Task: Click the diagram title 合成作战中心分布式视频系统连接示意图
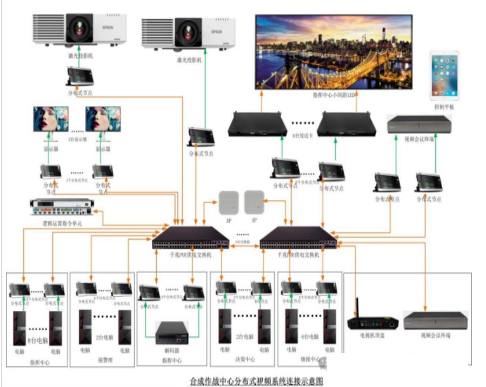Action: (257, 381)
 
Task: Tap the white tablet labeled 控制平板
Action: (444, 75)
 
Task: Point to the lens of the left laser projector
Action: (79, 28)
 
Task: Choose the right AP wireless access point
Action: (254, 202)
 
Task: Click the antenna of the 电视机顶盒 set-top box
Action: (356, 308)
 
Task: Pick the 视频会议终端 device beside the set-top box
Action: (435, 321)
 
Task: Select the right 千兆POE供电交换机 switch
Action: (298, 238)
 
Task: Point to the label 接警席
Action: (102, 359)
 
